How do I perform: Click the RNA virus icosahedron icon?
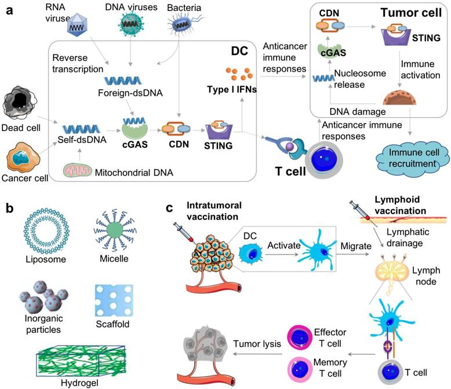[77, 26]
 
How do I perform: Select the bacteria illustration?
[184, 24]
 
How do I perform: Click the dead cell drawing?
[20, 102]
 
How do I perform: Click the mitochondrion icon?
[78, 170]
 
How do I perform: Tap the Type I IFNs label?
[232, 90]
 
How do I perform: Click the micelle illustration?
[115, 230]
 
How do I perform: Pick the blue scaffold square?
[114, 300]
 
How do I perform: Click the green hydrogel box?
[81, 361]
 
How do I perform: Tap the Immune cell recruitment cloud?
[413, 159]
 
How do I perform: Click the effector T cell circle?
[300, 338]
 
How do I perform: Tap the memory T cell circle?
[300, 369]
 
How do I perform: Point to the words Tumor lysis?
[257, 344]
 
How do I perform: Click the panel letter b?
[9, 208]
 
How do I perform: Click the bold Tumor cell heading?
[411, 13]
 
